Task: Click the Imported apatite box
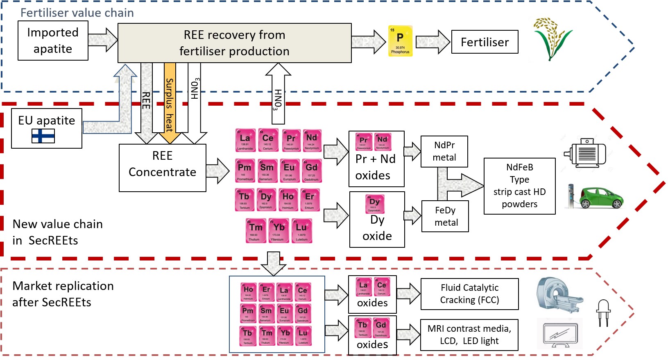[x=53, y=41]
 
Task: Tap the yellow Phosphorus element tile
[x=400, y=41]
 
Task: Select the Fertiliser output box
[x=485, y=42]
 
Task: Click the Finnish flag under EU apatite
[x=43, y=136]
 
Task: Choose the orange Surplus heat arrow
[x=170, y=102]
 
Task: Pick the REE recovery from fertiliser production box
[x=234, y=43]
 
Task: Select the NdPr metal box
[x=444, y=152]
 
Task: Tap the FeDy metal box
[x=445, y=216]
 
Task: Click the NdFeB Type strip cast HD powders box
[x=519, y=186]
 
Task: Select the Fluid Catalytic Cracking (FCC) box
[x=469, y=294]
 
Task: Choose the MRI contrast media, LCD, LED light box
[x=469, y=335]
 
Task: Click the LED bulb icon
[x=604, y=312]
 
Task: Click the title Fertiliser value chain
[x=77, y=13]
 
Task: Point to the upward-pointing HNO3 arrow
[x=278, y=94]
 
